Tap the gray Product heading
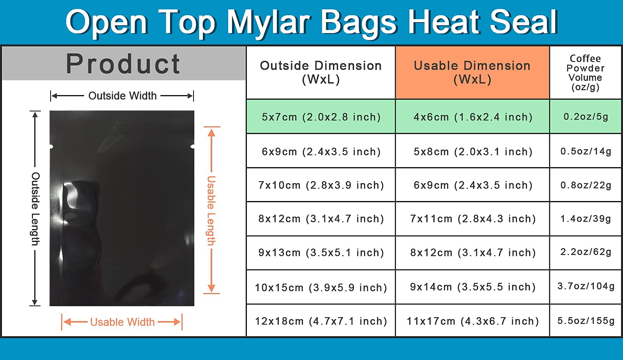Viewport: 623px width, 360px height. (123, 64)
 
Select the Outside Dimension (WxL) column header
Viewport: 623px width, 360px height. (321, 72)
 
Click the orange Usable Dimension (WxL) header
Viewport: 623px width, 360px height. (472, 72)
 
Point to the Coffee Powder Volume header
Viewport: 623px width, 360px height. (586, 72)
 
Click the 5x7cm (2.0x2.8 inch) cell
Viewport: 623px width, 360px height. (321, 117)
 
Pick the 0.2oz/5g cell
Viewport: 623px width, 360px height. (586, 116)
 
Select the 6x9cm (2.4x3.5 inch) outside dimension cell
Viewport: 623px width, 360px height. (321, 152)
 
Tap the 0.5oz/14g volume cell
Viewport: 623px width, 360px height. (586, 151)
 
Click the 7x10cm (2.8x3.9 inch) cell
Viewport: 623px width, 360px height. (321, 185)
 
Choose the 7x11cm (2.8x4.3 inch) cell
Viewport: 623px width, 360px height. (473, 219)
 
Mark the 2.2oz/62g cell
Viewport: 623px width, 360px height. (586, 252)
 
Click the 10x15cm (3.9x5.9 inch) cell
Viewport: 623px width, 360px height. (321, 288)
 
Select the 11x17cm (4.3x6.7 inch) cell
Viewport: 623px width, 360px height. (473, 321)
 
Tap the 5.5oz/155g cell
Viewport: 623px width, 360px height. (586, 321)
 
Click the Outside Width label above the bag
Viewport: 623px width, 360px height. (122, 96)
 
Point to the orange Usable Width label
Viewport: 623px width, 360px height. (122, 322)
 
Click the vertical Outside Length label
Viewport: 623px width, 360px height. (35, 209)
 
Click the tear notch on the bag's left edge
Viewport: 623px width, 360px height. (51, 146)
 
